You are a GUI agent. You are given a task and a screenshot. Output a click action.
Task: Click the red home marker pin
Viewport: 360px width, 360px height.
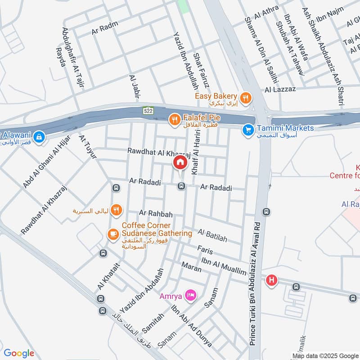click(180, 163)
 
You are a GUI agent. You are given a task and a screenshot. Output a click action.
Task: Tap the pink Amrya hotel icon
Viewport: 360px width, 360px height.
click(191, 296)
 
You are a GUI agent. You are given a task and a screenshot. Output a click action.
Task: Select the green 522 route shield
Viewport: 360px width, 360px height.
click(148, 110)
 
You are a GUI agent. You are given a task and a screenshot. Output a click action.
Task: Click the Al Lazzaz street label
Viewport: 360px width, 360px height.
click(280, 89)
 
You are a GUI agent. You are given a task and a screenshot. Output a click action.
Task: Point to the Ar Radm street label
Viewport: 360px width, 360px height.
click(101, 31)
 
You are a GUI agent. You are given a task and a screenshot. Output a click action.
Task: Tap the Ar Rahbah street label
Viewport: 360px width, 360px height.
click(156, 213)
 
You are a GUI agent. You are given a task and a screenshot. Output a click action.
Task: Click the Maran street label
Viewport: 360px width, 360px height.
click(191, 266)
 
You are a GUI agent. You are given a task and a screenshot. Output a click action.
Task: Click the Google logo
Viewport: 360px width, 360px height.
click(19, 353)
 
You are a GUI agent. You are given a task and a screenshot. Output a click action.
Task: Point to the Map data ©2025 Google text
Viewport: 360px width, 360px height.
click(325, 355)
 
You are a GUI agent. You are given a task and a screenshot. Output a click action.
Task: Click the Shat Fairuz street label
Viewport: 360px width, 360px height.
click(199, 72)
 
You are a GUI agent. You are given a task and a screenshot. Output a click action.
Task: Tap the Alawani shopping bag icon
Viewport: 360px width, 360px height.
click(39, 136)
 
